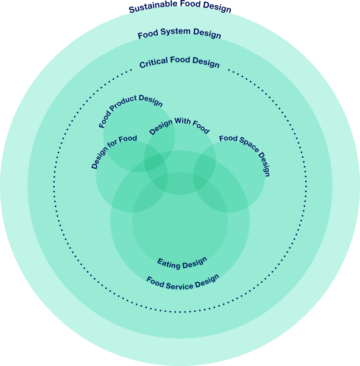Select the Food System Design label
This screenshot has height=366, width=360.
(179, 33)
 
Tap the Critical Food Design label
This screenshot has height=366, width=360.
(179, 62)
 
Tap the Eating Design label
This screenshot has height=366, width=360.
(182, 263)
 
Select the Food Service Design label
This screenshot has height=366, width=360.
(183, 283)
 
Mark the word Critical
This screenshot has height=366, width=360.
(153, 63)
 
